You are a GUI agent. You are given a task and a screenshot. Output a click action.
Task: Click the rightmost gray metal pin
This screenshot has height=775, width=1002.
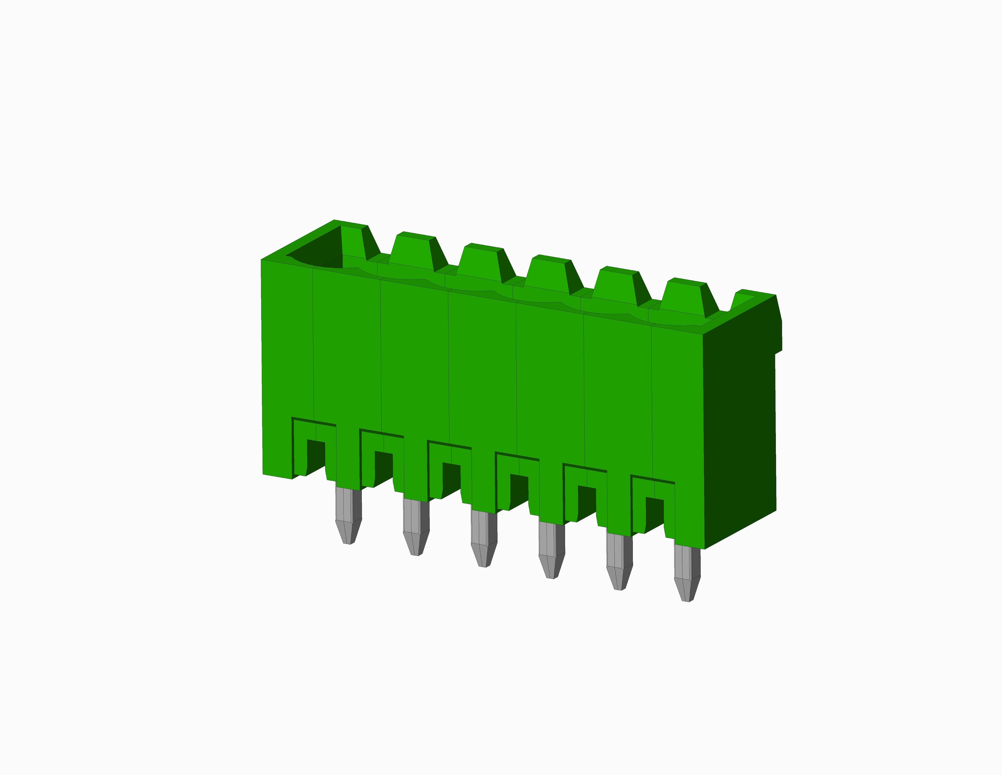pos(687,572)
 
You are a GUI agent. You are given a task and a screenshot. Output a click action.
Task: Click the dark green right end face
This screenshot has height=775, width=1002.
pos(740,427)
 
